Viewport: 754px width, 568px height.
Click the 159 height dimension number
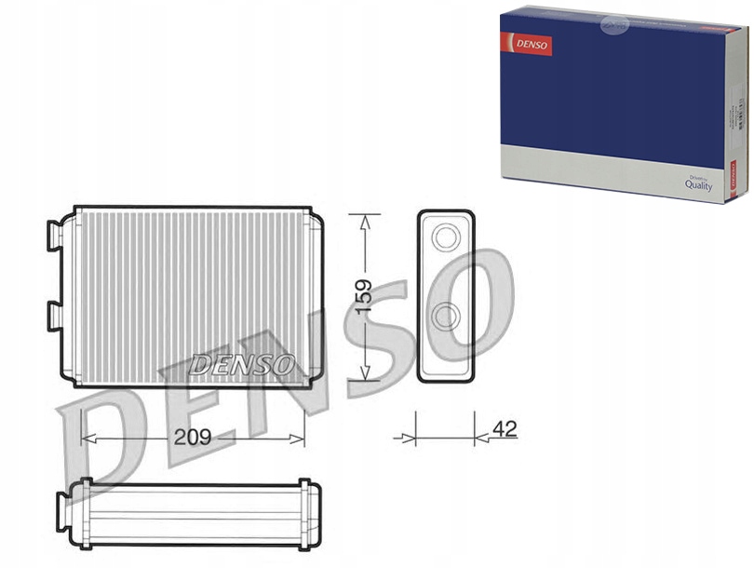(x=364, y=296)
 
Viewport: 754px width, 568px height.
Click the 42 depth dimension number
(x=504, y=429)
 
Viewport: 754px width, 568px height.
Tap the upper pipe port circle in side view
(x=446, y=239)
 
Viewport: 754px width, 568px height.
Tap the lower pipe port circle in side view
(x=446, y=318)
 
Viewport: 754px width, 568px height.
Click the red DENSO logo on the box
(x=527, y=44)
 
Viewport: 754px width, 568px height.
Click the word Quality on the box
(x=698, y=185)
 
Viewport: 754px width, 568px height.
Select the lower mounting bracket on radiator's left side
(x=54, y=315)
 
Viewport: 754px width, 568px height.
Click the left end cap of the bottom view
(x=63, y=512)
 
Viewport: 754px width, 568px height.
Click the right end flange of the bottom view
(x=304, y=512)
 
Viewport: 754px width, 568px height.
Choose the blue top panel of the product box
(x=614, y=88)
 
